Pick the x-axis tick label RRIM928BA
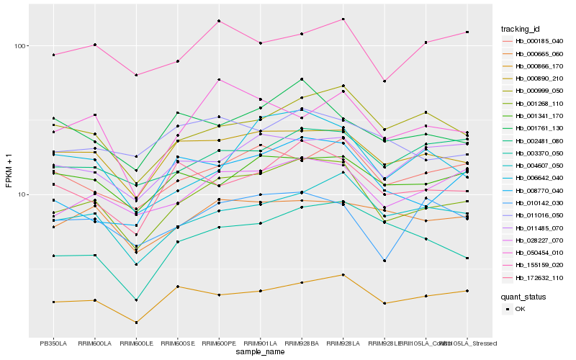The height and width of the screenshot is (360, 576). coord(302,343)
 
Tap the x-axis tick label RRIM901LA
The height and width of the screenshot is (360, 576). coord(260,343)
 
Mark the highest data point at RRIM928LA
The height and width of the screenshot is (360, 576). coord(343,19)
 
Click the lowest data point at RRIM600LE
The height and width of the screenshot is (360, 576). coord(136,323)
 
